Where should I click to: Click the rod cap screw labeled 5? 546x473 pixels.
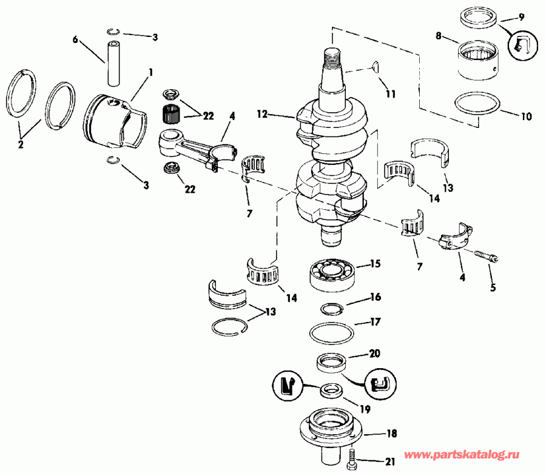pos(485,255)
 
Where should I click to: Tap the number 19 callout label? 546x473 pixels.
pos(348,408)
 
